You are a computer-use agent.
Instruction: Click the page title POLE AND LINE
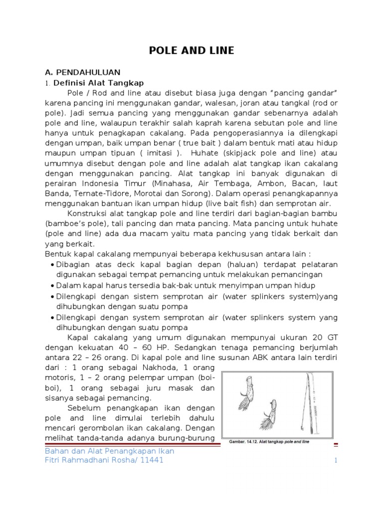(x=192, y=50)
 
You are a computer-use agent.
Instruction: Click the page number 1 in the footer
(x=336, y=461)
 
